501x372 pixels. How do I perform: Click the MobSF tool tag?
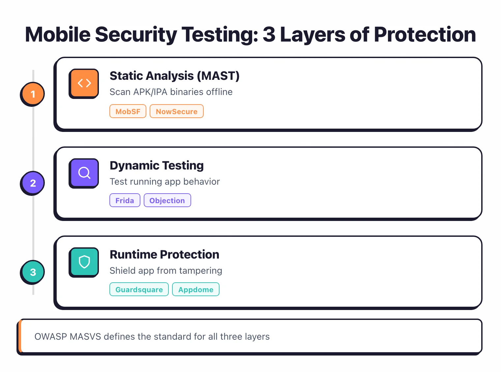tap(128, 111)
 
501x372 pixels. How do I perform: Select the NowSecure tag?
tap(177, 111)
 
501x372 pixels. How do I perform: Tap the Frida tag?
tap(125, 201)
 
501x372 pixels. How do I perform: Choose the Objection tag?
tap(167, 201)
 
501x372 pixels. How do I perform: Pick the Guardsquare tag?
tap(139, 290)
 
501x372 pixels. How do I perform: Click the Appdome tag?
tap(196, 290)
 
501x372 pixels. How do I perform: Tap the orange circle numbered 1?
tap(33, 94)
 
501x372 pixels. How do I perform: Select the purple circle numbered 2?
tap(33, 183)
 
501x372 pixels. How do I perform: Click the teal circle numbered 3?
tap(33, 272)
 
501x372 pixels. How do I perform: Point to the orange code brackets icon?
tap(84, 83)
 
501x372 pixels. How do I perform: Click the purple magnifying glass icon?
tap(84, 173)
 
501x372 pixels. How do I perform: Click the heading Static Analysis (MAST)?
tap(174, 76)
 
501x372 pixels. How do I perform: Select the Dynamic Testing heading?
tap(157, 166)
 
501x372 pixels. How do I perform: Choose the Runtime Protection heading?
tap(164, 255)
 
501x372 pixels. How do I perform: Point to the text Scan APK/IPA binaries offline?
tap(171, 92)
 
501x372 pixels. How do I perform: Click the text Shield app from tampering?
tap(166, 271)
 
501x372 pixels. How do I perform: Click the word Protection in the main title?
tap(425, 35)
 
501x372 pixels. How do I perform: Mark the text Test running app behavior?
tap(164, 182)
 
